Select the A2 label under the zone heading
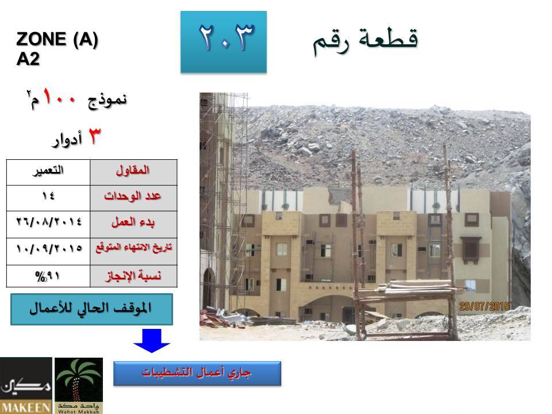click(28, 59)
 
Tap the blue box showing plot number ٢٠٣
click(224, 42)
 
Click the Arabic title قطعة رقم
click(366, 41)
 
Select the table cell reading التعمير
click(48, 172)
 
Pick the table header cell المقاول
click(133, 172)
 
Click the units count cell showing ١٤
click(48, 198)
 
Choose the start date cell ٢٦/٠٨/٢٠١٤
click(48, 225)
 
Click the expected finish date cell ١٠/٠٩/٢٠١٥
click(48, 251)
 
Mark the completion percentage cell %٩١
click(48, 276)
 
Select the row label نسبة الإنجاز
click(133, 276)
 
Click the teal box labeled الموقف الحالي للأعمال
click(91, 309)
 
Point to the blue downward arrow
click(152, 340)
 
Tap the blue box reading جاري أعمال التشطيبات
click(197, 374)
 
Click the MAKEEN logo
click(26, 385)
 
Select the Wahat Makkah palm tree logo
click(79, 385)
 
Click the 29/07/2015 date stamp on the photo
click(484, 306)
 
